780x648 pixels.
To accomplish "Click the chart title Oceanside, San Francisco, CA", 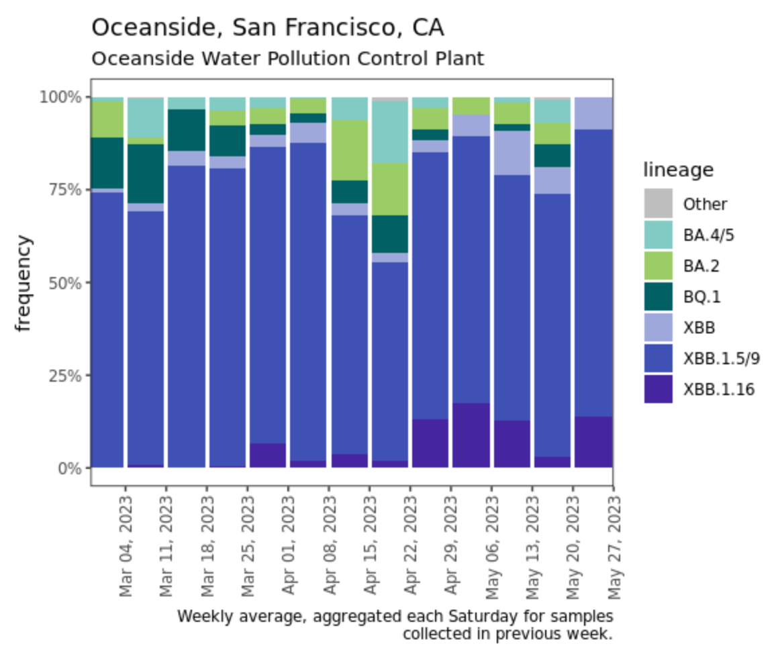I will coord(267,28).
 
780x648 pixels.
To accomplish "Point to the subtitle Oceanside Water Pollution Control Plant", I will coord(287,59).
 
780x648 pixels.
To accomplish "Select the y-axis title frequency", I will coord(24,282).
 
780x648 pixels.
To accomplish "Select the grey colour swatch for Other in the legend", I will coord(658,203).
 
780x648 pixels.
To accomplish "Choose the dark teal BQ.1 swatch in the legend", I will coord(658,296).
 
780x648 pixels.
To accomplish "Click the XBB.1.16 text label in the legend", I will coord(719,389).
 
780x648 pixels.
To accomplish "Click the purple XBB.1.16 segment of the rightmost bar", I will coord(593,442).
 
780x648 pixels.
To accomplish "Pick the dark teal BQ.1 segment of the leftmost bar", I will coord(107,163).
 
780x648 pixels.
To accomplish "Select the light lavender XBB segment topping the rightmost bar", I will coord(593,113).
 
